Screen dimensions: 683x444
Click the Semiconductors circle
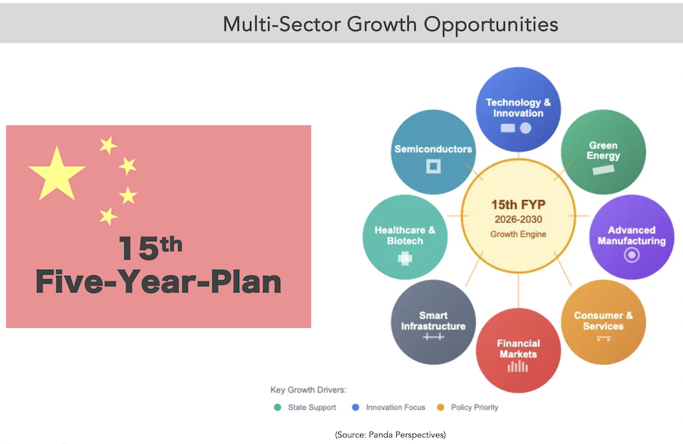[x=434, y=152]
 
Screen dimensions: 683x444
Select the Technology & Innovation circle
[x=518, y=109]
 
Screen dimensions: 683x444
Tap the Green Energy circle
[x=603, y=152]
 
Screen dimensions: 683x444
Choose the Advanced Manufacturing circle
[x=632, y=237]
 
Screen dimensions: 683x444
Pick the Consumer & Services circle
[x=603, y=322]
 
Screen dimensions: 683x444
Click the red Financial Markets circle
[x=518, y=350]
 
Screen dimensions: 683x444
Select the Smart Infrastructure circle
[x=434, y=322]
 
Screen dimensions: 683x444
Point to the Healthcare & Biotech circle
[x=405, y=237]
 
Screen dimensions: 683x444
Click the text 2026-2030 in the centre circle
[x=518, y=219]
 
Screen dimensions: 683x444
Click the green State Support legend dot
[x=277, y=407]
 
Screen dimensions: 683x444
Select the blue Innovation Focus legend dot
[x=355, y=407]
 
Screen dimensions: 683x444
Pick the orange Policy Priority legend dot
[x=441, y=407]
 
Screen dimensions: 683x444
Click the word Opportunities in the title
[x=491, y=25]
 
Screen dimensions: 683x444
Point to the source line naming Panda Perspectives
[x=390, y=434]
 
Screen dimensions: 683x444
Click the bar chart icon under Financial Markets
[x=518, y=366]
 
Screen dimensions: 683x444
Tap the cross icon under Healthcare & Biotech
[x=405, y=258]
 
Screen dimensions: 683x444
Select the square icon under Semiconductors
[x=434, y=166]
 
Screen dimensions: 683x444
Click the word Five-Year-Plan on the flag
[x=158, y=282]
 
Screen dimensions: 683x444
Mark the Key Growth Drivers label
[x=309, y=389]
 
